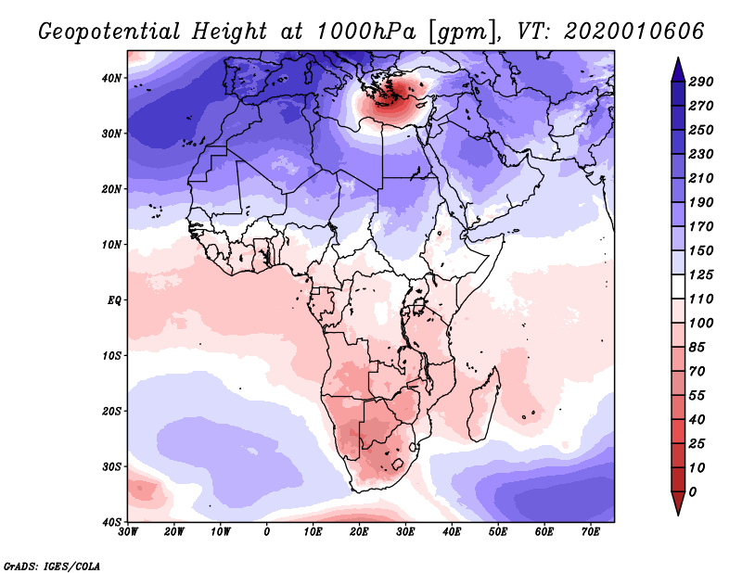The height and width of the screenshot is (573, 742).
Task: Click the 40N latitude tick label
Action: coord(111,78)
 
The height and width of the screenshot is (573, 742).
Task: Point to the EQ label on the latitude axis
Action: coord(114,300)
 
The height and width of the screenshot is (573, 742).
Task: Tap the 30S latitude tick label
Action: coord(111,467)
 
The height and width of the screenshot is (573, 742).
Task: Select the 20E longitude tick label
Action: coord(359,532)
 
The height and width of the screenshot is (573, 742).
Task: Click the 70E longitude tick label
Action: coord(591,532)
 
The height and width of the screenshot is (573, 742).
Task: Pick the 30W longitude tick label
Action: coord(128,532)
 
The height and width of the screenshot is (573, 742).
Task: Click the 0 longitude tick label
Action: coord(267,532)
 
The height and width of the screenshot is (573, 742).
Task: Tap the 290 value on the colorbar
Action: coord(700,82)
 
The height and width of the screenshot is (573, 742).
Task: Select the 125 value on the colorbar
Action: coord(700,274)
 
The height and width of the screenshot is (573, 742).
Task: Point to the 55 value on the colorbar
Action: coord(697,396)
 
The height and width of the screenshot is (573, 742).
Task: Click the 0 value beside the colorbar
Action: coord(693,492)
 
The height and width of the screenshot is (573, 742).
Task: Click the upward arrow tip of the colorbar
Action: coord(678,57)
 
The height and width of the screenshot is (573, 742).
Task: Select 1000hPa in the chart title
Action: coord(365,32)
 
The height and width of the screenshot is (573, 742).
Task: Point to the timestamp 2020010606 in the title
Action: coord(634,32)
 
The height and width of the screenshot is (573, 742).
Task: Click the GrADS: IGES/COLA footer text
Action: coord(52,566)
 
